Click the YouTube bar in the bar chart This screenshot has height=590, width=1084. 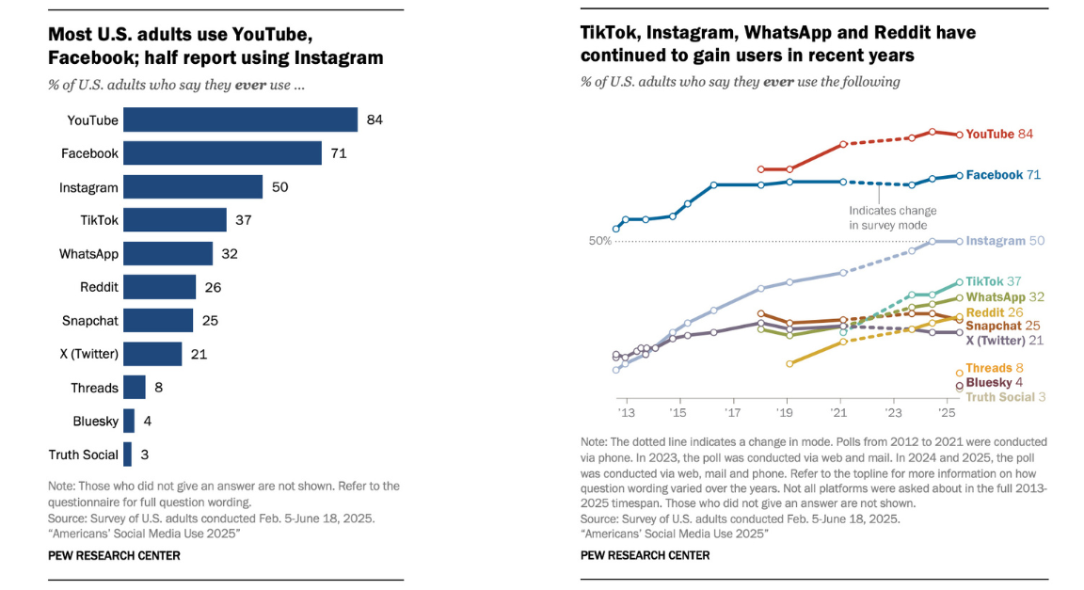240,120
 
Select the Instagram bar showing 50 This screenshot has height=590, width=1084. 193,186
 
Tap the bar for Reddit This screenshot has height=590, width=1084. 159,287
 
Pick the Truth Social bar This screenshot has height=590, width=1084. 127,454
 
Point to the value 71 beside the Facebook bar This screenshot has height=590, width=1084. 339,153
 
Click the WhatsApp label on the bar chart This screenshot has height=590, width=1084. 88,254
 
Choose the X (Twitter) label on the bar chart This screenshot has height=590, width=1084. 89,354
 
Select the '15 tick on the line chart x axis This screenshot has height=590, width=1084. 677,413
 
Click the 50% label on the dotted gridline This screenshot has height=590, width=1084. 600,241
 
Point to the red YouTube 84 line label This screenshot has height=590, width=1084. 999,135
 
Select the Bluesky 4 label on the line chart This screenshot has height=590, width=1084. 994,382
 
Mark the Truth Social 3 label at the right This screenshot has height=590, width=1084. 1006,397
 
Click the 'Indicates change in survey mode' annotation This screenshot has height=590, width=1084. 887,217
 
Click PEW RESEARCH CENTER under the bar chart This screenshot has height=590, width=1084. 114,555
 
